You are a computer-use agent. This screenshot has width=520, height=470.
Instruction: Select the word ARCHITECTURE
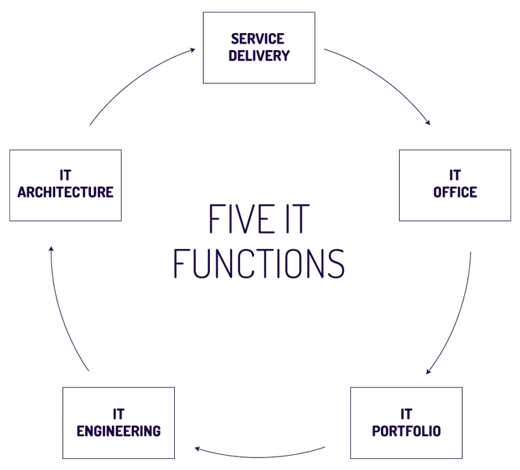[x=65, y=192]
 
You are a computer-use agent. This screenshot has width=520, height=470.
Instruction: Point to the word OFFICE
[x=455, y=192]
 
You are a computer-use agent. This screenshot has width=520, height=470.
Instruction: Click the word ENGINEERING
[x=119, y=430]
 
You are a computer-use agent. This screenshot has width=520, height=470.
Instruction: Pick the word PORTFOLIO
[x=406, y=430]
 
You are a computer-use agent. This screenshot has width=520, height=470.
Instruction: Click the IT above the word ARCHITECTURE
[x=64, y=176]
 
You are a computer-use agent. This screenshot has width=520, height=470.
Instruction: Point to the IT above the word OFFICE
[x=455, y=176]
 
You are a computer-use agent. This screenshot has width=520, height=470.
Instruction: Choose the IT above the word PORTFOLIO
[x=406, y=414]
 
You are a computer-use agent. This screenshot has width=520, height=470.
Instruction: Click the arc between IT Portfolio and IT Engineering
[x=260, y=452]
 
